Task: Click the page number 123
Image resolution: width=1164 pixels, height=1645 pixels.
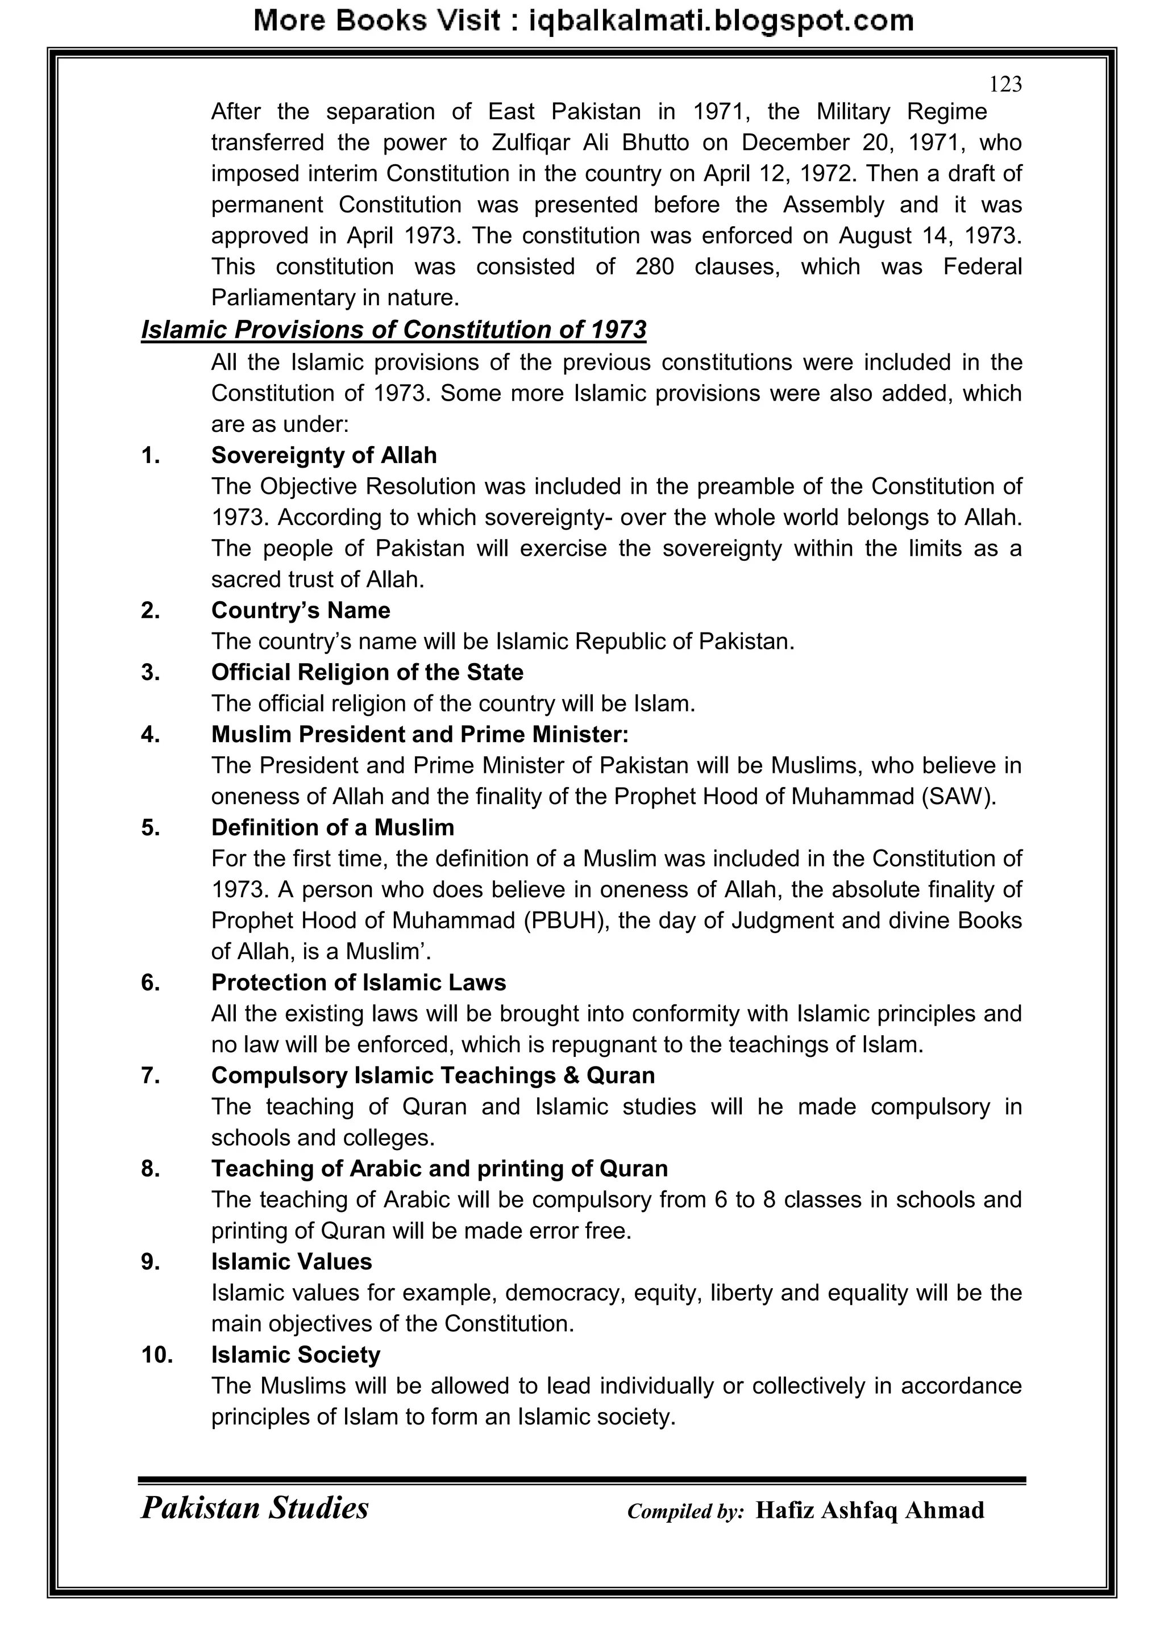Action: coord(1005,85)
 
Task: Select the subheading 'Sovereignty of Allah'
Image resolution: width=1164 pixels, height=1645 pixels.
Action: coord(324,455)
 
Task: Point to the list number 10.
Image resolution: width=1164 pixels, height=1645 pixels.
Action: coord(157,1354)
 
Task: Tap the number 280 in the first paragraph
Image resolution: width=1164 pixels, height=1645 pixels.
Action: coord(654,266)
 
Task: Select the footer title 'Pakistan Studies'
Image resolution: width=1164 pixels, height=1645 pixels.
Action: coord(255,1508)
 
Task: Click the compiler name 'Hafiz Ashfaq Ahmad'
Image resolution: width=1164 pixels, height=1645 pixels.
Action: coord(870,1510)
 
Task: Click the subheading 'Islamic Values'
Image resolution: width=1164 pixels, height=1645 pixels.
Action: coord(291,1261)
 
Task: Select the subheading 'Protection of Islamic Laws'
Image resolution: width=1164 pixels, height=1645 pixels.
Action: coord(359,982)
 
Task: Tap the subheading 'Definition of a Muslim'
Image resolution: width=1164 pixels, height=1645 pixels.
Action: coord(332,827)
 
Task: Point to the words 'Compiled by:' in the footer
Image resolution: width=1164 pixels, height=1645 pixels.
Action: coord(685,1511)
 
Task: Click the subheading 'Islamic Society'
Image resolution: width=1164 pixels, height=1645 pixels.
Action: coord(296,1354)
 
